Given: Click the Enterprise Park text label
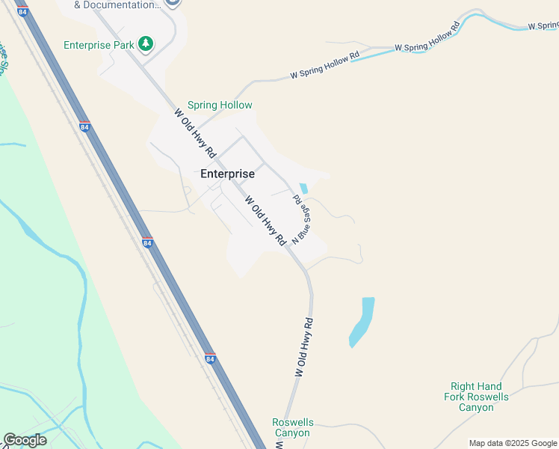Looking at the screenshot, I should pos(99,45).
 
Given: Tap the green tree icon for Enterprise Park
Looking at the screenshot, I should pos(146,44).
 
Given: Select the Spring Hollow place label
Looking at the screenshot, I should pos(220,106).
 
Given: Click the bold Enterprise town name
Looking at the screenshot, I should pos(228,174).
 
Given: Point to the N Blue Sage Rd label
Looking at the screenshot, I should pos(300,219).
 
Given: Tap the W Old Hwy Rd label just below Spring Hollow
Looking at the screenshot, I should pos(195,133).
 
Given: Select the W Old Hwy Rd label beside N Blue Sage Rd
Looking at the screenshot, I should pos(265,221).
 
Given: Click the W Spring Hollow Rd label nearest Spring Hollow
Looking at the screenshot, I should pos(325,65).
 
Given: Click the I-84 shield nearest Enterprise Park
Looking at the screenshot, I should pos(84,127).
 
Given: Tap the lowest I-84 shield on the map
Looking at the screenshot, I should pos(210,359).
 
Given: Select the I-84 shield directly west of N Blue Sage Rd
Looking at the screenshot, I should pos(147,243).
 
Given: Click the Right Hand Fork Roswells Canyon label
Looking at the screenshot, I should pos(476,397).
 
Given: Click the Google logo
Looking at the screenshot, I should pos(25,440).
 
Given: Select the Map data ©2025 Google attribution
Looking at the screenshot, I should pos(512,443).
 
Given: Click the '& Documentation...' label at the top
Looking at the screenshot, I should pos(118,4).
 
